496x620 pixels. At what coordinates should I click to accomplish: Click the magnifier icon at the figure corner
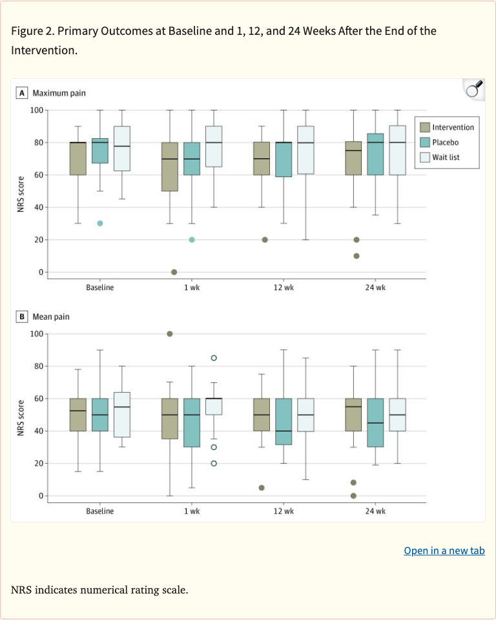click(474, 88)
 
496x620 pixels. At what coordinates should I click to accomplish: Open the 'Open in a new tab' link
click(444, 551)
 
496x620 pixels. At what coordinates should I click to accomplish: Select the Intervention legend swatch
click(424, 127)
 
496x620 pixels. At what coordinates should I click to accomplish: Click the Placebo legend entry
click(445, 142)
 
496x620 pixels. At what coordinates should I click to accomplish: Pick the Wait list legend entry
click(446, 157)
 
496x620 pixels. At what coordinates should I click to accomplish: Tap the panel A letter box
click(23, 93)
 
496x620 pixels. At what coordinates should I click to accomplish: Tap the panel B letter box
click(23, 317)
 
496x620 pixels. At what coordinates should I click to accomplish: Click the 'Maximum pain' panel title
click(59, 93)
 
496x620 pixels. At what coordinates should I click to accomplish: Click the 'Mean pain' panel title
click(51, 317)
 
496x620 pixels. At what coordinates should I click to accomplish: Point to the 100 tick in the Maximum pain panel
click(36, 110)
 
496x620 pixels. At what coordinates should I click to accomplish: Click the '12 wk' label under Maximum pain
click(284, 287)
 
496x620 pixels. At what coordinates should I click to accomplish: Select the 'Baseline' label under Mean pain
click(99, 511)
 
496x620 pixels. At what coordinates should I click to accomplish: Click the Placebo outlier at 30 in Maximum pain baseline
click(100, 223)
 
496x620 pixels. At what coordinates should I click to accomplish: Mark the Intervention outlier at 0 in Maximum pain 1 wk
click(174, 272)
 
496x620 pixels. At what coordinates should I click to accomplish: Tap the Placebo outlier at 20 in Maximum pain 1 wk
click(192, 240)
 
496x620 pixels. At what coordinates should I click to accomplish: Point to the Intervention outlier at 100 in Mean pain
click(170, 334)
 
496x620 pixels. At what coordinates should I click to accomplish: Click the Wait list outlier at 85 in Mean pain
click(214, 358)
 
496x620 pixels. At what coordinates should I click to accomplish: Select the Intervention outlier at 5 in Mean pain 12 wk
click(262, 488)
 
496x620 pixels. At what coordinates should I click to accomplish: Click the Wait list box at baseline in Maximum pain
click(121, 149)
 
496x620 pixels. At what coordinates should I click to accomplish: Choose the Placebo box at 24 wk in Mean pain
click(375, 422)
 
